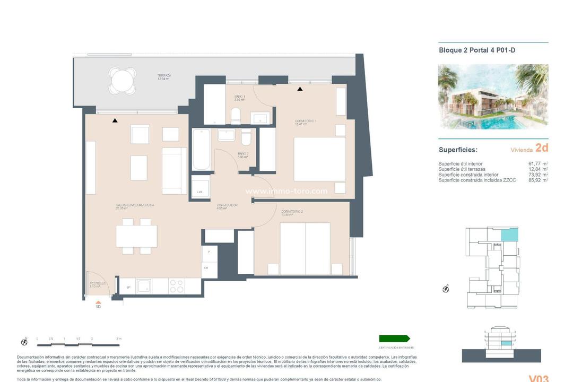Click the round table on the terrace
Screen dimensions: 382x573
(122, 81)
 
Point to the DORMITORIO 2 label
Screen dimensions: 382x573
(292, 213)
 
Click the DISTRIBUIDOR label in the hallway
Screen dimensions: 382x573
(227, 206)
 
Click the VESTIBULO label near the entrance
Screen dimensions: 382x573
(98, 284)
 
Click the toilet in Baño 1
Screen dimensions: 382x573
(236, 116)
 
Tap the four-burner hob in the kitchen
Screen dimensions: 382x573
(177, 286)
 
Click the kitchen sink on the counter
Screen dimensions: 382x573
(144, 286)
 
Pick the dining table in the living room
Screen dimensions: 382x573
(136, 236)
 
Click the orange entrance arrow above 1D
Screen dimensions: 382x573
(98, 301)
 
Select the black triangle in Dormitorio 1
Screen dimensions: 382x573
(300, 89)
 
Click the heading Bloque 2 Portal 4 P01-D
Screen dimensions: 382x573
(477, 50)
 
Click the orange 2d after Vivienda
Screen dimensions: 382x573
(541, 148)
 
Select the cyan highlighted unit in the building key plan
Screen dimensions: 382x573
(509, 234)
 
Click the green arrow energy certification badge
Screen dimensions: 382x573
(394, 338)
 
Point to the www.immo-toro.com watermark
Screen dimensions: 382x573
(286, 192)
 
